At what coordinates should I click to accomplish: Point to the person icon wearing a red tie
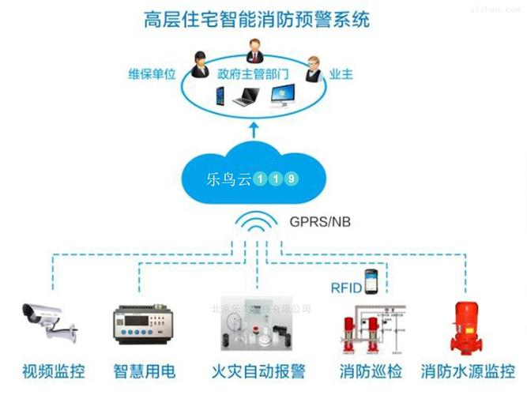254,50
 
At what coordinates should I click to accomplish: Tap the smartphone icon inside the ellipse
221,97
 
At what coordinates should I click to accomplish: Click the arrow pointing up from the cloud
254,129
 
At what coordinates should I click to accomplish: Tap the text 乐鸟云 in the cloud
228,178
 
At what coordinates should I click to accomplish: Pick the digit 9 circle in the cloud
292,179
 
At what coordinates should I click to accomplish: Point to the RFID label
346,288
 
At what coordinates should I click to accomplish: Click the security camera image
47,320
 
